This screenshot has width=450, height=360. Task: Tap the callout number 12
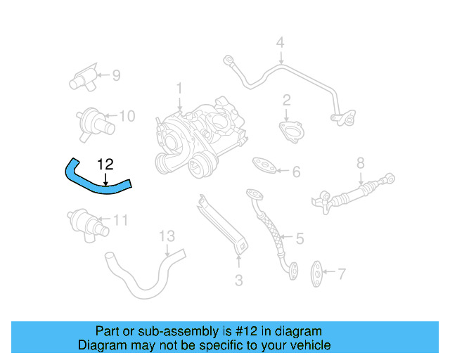click(105, 164)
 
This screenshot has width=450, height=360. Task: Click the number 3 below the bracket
click(238, 281)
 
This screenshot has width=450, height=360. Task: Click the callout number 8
click(361, 164)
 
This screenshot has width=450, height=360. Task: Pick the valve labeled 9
click(84, 77)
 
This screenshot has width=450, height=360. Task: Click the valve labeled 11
click(85, 222)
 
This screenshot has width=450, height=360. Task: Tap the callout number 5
click(300, 239)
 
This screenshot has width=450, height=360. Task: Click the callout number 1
click(179, 89)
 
